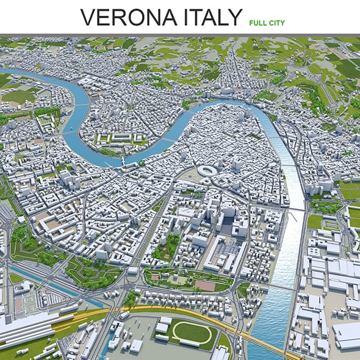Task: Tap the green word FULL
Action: coord(257,23)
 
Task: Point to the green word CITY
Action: coord(276,23)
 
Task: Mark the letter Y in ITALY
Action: coord(234,18)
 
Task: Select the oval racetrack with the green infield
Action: coord(190,332)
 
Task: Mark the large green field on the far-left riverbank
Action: coord(18,96)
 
